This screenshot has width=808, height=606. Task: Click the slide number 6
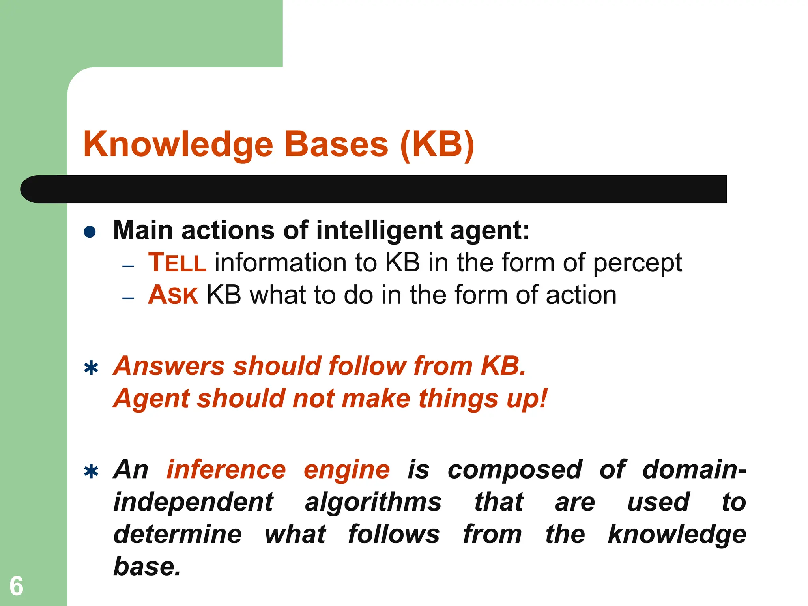pyautogui.click(x=16, y=586)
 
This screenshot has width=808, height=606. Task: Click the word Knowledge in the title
pyautogui.click(x=178, y=145)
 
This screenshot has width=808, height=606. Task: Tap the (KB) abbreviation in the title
pyautogui.click(x=437, y=145)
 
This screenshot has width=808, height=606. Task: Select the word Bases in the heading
pyautogui.click(x=336, y=144)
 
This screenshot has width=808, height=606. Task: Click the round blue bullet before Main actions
pyautogui.click(x=90, y=232)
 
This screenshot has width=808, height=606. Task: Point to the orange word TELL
pyautogui.click(x=177, y=263)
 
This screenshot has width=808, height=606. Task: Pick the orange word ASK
pyautogui.click(x=173, y=295)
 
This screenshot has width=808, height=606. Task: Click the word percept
pyautogui.click(x=638, y=264)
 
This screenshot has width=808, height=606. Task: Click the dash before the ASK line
pyautogui.click(x=128, y=299)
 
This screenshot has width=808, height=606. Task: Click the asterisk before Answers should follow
pyautogui.click(x=91, y=368)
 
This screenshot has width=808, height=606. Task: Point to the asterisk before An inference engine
pyautogui.click(x=91, y=472)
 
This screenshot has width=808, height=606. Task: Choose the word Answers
pyautogui.click(x=169, y=366)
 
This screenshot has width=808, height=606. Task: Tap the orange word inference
pyautogui.click(x=226, y=469)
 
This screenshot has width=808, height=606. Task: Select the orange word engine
pyautogui.click(x=347, y=470)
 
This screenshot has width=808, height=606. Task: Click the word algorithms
pyautogui.click(x=373, y=503)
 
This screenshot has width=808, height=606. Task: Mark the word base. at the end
pyautogui.click(x=147, y=567)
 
